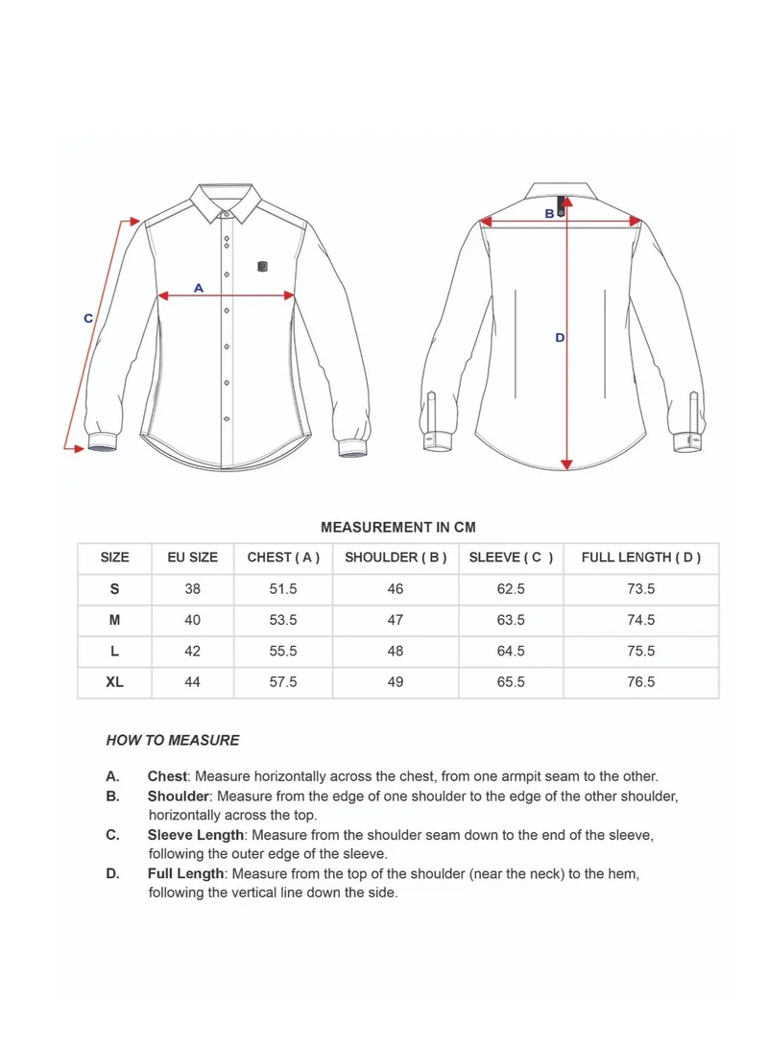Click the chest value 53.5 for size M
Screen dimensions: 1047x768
click(x=283, y=620)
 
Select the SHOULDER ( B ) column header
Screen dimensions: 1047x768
click(x=396, y=558)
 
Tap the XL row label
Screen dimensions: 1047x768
click(x=114, y=682)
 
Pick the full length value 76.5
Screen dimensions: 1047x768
click(x=640, y=682)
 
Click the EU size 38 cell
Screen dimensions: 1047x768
click(x=192, y=589)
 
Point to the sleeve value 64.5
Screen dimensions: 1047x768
click(x=511, y=651)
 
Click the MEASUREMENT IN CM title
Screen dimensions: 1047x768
click(x=397, y=527)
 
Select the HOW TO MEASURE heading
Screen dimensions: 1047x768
click(x=173, y=740)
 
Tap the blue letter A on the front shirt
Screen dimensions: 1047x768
click(x=199, y=287)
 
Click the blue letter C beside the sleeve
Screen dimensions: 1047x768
click(x=88, y=318)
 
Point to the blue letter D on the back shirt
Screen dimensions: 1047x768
click(x=560, y=337)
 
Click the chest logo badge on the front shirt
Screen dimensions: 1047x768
click(x=263, y=266)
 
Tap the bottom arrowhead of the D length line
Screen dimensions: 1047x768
click(x=566, y=464)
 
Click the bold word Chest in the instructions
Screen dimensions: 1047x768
click(x=168, y=776)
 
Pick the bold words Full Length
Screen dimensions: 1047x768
click(x=186, y=874)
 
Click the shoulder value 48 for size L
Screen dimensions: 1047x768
click(x=396, y=651)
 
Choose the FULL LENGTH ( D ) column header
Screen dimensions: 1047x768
click(x=640, y=558)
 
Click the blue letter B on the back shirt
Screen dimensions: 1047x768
click(x=549, y=213)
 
